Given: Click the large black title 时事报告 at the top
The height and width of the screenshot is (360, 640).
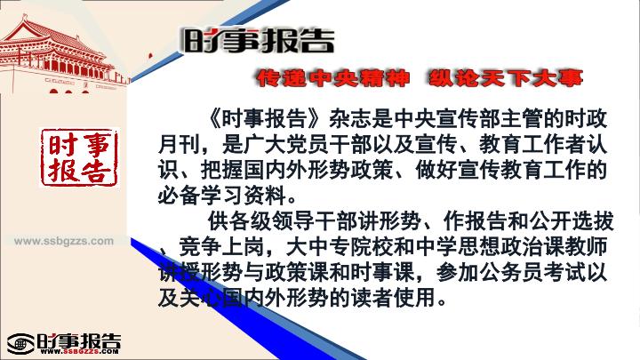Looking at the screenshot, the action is tap(259, 41).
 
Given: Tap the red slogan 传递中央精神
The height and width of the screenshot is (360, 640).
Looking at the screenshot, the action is tap(333, 78).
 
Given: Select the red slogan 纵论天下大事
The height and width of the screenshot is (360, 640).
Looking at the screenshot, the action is tap(505, 78).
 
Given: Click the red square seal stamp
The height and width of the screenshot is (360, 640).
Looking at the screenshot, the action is tap(79, 157).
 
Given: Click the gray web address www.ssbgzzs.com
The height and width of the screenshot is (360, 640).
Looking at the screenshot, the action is tap(64, 241).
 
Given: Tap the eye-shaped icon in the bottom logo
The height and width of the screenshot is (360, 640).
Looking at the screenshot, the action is tap(20, 344).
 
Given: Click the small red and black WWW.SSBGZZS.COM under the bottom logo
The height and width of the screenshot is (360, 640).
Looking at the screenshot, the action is tap(80, 351).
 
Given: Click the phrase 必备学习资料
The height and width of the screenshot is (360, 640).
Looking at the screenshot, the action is tap(221, 196).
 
